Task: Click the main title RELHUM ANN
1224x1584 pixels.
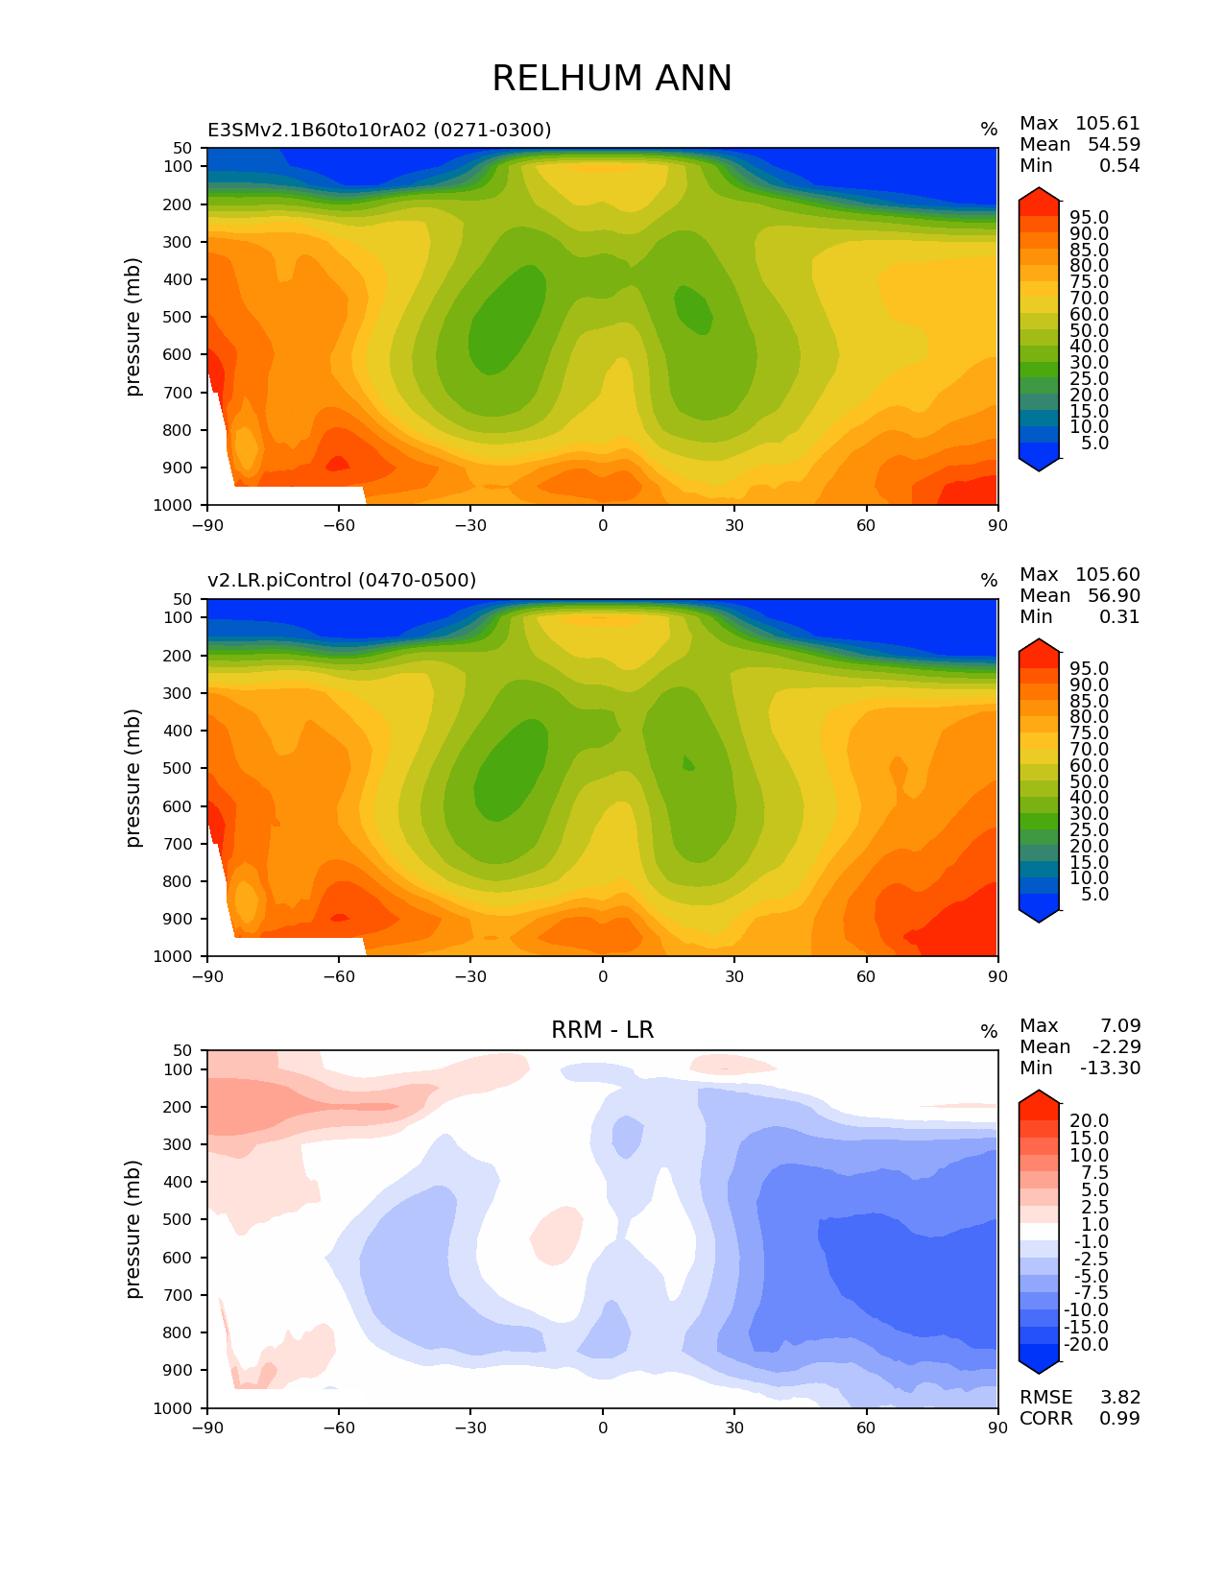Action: (612, 78)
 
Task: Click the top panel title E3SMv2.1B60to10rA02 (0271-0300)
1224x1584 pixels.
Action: (379, 130)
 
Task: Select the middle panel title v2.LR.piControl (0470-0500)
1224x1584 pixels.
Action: (342, 580)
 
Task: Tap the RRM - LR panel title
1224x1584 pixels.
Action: (602, 1030)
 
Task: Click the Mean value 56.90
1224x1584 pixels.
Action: (1114, 595)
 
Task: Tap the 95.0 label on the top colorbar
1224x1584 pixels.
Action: (1090, 217)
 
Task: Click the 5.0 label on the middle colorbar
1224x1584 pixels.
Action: (1095, 895)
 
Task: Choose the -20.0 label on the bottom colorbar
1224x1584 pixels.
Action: (1086, 1344)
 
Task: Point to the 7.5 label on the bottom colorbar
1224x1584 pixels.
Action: (1095, 1172)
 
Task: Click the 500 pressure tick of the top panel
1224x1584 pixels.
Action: (178, 317)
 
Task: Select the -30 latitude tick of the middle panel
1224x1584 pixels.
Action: (470, 976)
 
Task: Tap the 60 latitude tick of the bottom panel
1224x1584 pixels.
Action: (865, 1428)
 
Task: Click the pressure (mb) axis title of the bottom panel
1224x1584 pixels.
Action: (132, 1230)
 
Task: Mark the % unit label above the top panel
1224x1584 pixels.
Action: (989, 130)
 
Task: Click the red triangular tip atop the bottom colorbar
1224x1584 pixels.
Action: (1038, 1097)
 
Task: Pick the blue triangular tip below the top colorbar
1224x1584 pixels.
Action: (1038, 465)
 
